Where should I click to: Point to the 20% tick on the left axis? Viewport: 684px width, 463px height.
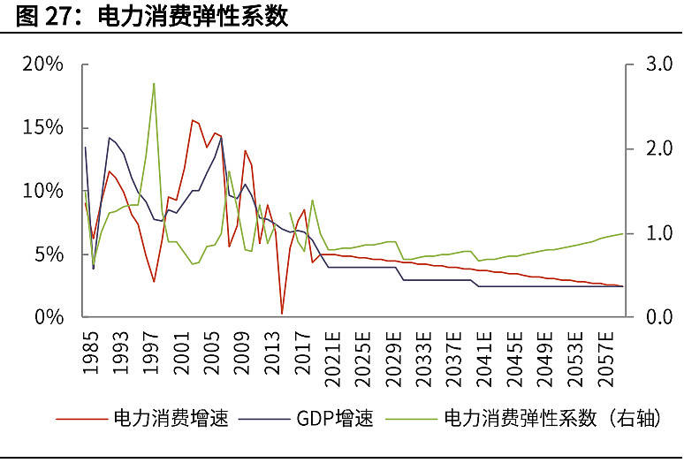click(x=43, y=65)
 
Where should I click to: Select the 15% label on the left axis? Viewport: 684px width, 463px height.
click(x=43, y=127)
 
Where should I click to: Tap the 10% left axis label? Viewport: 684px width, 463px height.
click(x=43, y=191)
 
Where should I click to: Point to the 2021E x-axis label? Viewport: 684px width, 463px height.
click(x=332, y=361)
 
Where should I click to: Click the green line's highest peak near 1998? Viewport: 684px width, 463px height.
click(x=154, y=83)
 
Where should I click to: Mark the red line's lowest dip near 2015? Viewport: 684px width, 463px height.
click(x=282, y=313)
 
